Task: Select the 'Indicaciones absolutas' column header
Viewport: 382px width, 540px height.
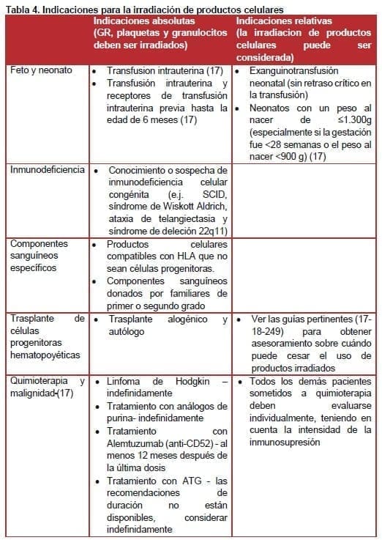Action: pos(144,21)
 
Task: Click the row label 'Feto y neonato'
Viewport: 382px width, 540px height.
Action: pos(42,71)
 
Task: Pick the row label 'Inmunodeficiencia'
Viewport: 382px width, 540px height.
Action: pos(46,170)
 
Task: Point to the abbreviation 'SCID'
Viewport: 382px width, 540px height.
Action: pos(214,193)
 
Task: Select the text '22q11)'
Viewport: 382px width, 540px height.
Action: pos(210,229)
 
